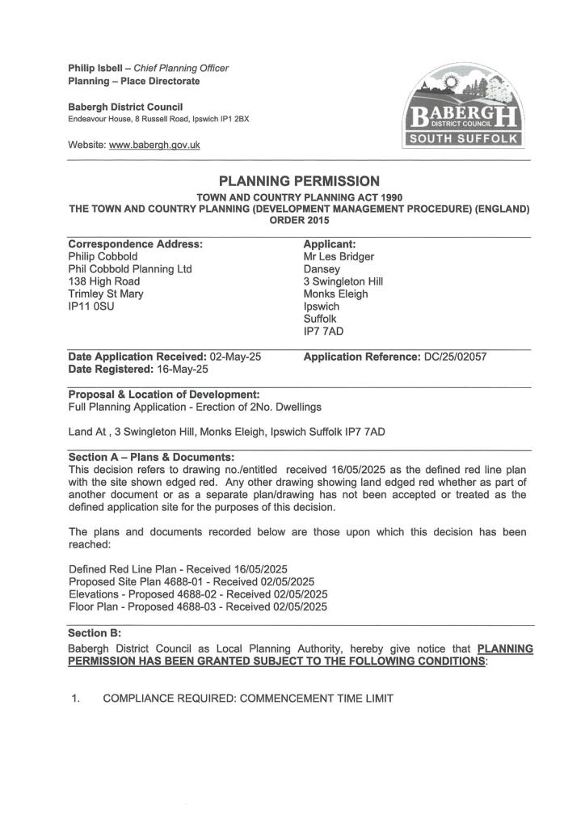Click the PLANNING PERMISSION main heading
point(299,181)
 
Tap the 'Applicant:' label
point(330,243)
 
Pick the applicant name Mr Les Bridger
point(339,256)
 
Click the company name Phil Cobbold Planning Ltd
point(130,269)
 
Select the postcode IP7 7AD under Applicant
point(323,332)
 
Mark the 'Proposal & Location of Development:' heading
point(164,394)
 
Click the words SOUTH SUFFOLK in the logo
point(463,140)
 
